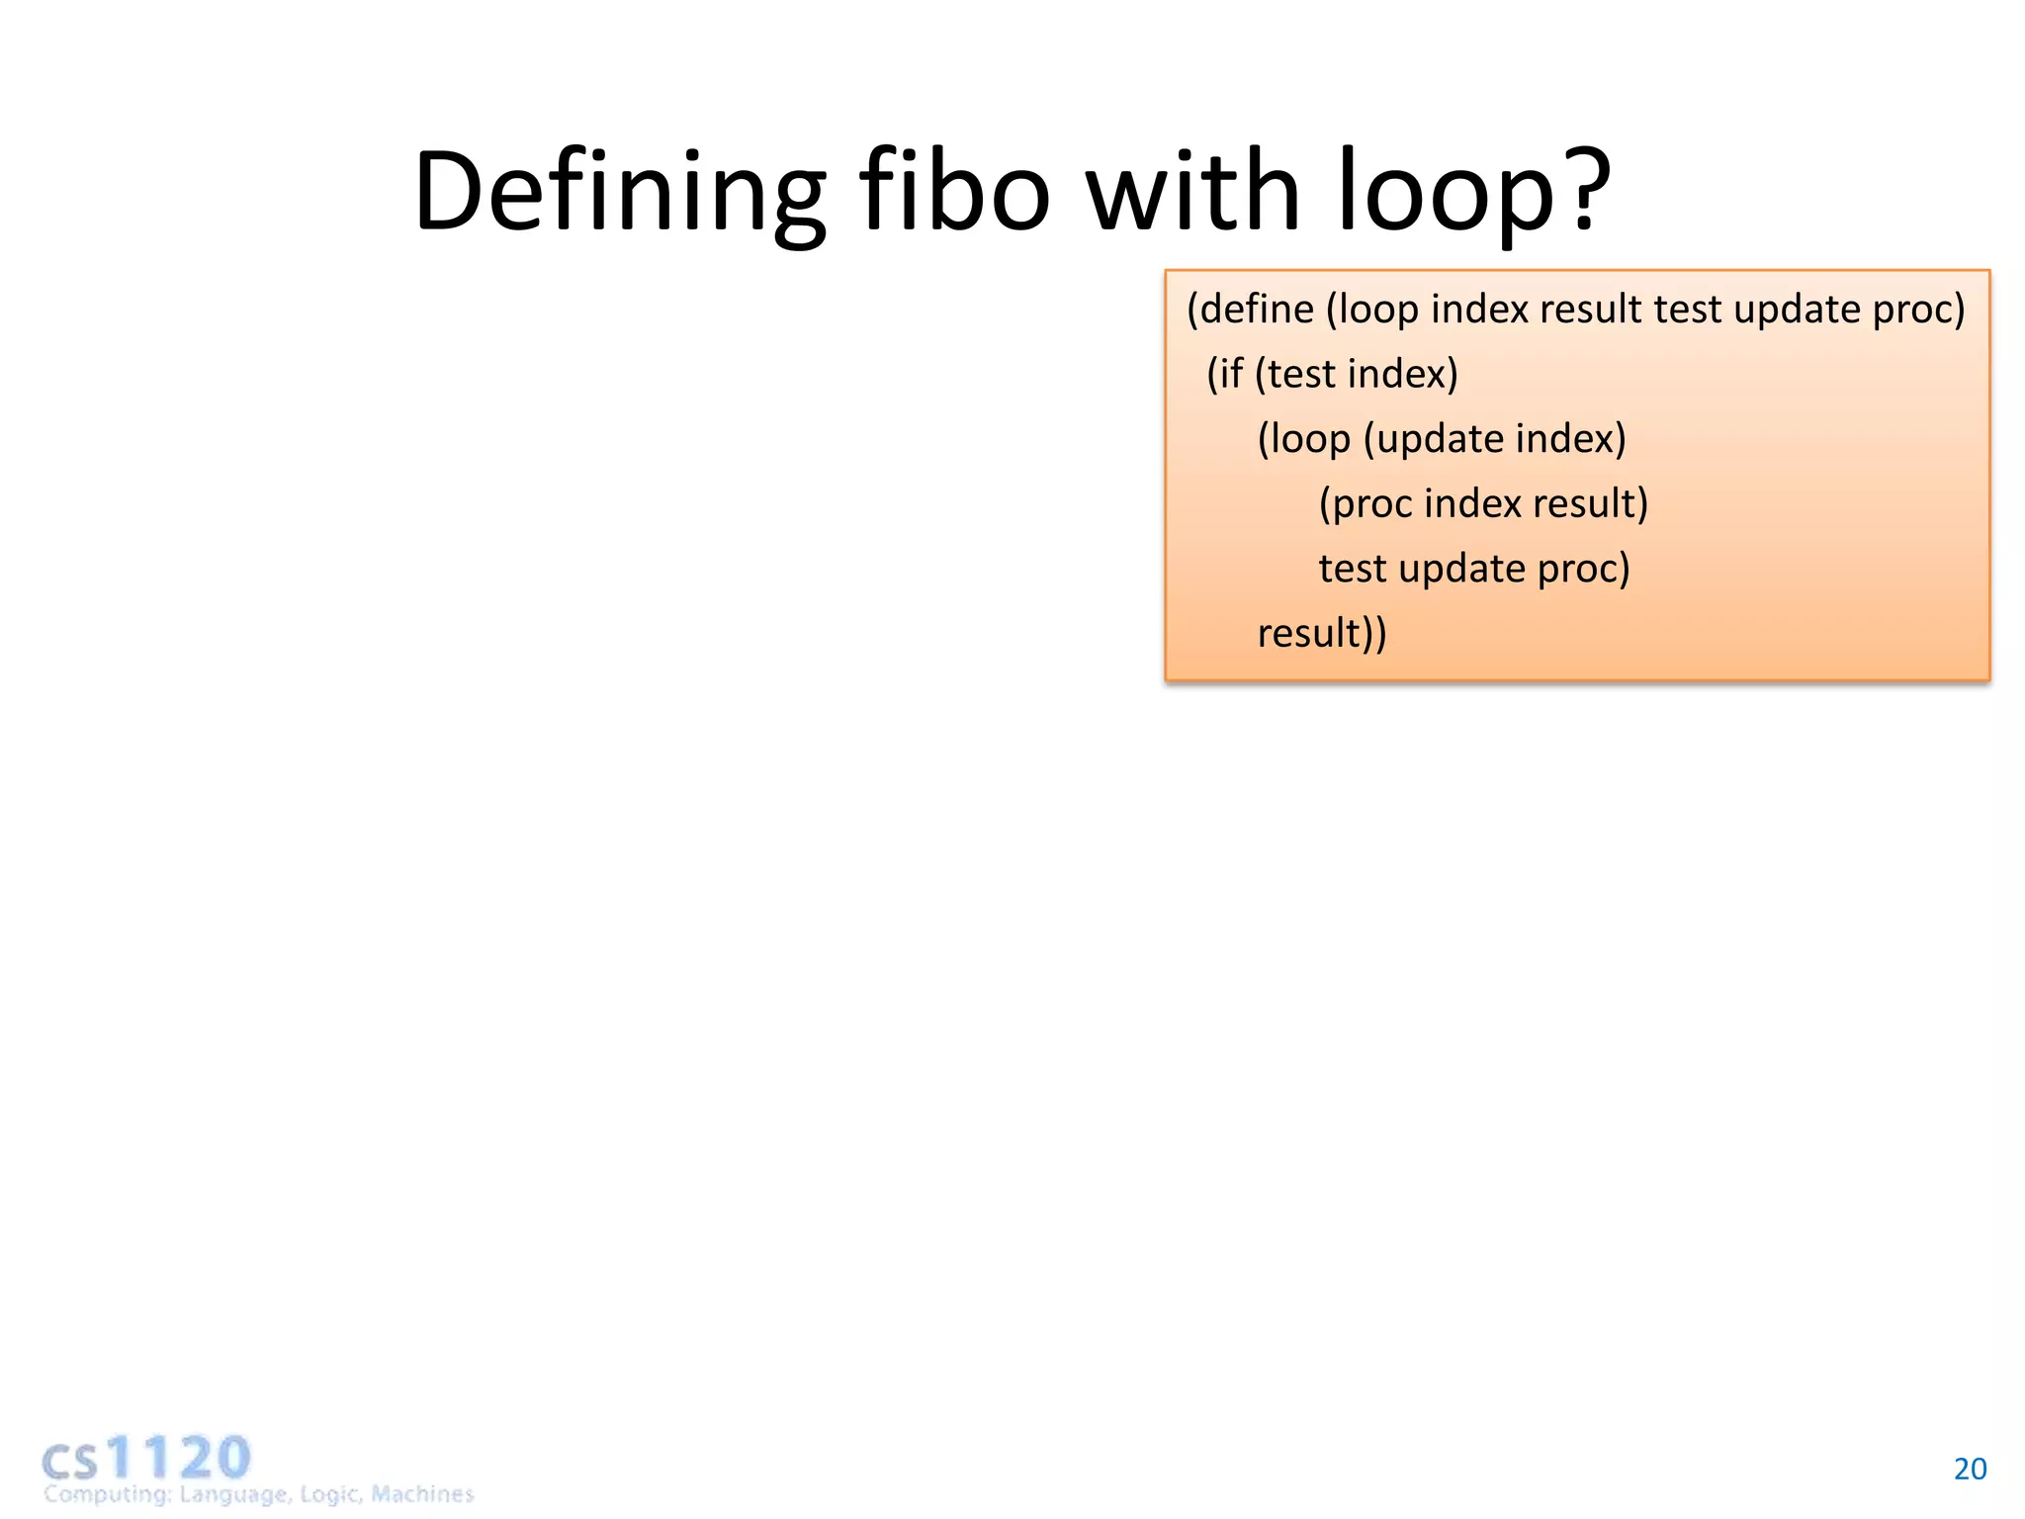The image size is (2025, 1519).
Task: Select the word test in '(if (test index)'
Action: pos(1302,375)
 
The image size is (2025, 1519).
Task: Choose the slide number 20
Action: pos(1970,1470)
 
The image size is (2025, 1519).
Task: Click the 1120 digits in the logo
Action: pos(179,1458)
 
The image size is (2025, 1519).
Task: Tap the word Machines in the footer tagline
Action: pos(422,1493)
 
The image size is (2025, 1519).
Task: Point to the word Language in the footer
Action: pos(234,1493)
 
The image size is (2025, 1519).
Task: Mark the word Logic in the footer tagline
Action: pos(331,1493)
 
